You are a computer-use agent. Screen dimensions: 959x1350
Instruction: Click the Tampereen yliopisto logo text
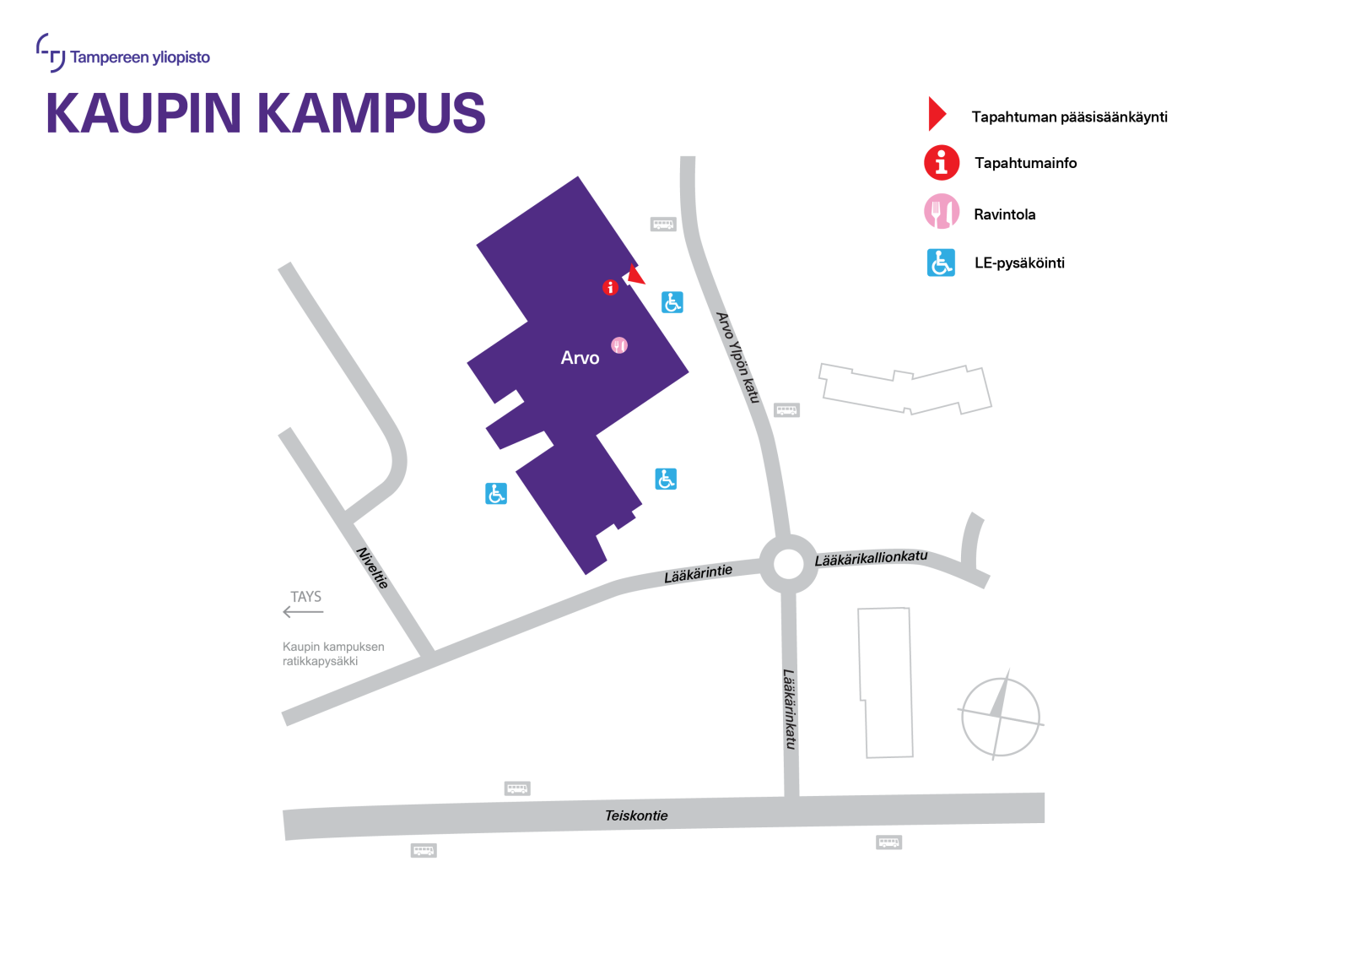140,57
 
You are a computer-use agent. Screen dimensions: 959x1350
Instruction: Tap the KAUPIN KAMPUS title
265,113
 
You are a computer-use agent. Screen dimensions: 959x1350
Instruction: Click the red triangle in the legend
936,114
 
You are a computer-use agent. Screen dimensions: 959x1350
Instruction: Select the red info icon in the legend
942,162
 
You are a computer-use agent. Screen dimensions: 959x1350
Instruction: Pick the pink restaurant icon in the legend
942,212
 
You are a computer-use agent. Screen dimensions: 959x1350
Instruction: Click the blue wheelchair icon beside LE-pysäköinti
941,263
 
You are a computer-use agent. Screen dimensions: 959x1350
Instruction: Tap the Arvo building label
580,358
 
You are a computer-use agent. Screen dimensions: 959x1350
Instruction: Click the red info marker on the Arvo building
610,288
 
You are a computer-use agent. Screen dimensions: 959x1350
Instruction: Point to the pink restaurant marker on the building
619,345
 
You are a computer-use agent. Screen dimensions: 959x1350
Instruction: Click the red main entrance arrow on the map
635,275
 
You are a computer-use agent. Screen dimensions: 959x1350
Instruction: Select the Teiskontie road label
636,815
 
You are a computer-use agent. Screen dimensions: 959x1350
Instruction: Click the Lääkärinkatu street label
790,709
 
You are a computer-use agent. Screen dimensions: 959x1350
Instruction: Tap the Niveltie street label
372,568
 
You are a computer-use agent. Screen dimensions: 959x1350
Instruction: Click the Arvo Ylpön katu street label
738,357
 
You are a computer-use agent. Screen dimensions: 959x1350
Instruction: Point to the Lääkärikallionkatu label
871,558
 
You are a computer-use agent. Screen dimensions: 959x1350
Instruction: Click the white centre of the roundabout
789,564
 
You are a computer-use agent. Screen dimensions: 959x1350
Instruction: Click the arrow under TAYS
303,612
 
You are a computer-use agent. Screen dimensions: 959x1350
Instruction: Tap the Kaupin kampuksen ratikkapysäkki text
333,654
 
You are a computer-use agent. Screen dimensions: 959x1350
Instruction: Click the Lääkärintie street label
698,573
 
